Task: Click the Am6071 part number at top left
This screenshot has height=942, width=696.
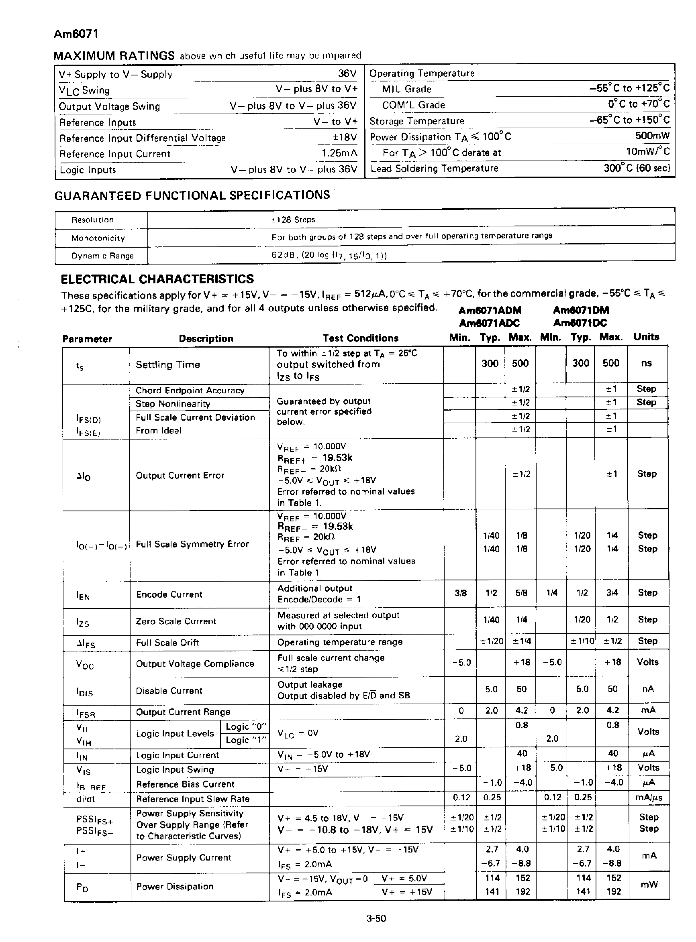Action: point(76,34)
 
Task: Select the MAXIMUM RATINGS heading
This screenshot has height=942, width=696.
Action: point(114,55)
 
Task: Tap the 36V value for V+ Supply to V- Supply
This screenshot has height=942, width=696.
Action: point(347,74)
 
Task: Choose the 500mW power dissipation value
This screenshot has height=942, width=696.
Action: point(652,136)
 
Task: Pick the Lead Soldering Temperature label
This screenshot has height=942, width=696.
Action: point(435,169)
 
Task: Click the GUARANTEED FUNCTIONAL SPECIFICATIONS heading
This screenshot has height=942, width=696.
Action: point(192,195)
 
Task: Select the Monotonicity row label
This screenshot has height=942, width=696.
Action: point(98,238)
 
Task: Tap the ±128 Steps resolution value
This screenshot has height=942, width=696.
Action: point(293,220)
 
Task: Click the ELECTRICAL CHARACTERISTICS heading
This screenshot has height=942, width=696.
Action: point(157,279)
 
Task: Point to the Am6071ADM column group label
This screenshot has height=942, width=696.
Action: point(490,310)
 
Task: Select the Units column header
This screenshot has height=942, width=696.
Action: point(646,337)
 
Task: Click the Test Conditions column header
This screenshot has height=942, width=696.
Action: point(360,338)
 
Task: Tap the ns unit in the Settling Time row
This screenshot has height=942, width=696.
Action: point(646,363)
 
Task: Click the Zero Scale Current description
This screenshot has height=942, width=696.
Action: point(176,621)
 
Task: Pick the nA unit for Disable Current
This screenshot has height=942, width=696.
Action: point(647,689)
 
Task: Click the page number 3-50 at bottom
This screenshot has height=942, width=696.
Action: point(376,918)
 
